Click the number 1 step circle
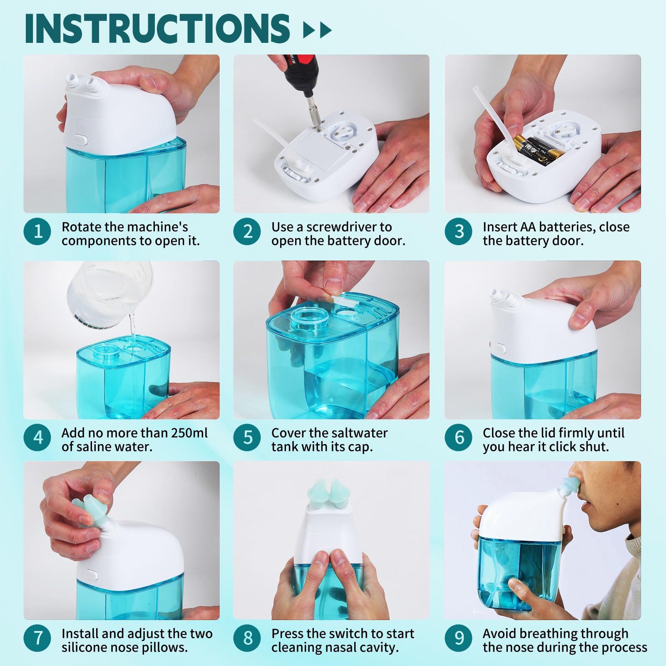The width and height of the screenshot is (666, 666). pyautogui.click(x=38, y=231)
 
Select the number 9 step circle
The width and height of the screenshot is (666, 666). pyautogui.click(x=459, y=638)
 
